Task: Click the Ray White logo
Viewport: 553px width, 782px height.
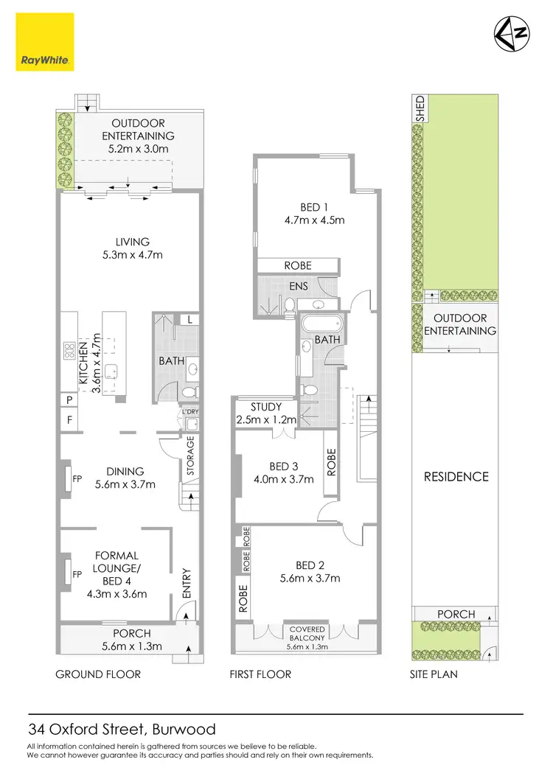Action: [44, 43]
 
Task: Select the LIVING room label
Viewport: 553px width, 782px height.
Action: [133, 242]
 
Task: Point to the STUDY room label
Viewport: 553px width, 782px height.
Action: [266, 406]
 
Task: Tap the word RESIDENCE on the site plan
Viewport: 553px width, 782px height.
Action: [456, 477]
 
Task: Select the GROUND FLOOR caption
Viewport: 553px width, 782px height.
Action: [99, 674]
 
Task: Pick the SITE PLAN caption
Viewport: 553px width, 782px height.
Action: [434, 674]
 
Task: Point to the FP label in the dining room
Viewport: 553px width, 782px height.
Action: [77, 478]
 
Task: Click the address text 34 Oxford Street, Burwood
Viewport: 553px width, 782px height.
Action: [122, 730]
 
